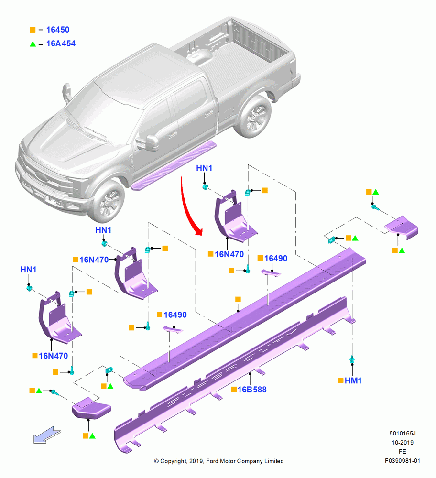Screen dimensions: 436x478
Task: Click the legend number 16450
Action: click(58, 30)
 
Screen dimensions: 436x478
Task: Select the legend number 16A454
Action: click(61, 43)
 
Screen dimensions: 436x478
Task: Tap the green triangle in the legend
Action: click(33, 44)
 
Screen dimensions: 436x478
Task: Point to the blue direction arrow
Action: click(47, 435)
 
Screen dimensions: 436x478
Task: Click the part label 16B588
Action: click(252, 389)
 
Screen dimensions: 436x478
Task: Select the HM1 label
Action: click(353, 380)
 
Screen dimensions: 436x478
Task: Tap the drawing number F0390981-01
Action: click(403, 461)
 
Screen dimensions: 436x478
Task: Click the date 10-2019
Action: click(403, 442)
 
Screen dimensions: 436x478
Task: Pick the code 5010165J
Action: click(403, 433)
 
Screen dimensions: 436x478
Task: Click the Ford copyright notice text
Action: click(219, 461)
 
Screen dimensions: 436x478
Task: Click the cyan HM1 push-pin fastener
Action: click(352, 359)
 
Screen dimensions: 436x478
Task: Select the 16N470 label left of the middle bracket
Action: click(94, 260)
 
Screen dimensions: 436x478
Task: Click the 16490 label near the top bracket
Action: click(276, 258)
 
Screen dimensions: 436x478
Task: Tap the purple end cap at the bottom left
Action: click(91, 408)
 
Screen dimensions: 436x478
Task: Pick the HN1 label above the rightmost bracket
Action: click(204, 168)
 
